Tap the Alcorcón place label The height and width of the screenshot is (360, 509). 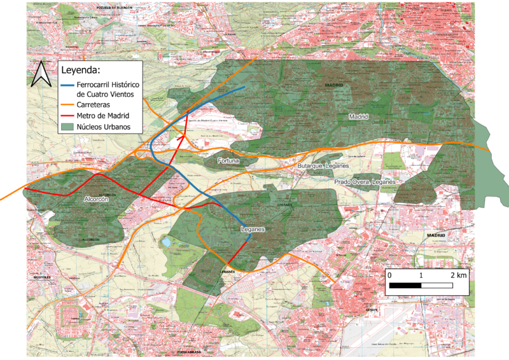click(x=97, y=199)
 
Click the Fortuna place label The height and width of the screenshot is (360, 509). click(x=228, y=161)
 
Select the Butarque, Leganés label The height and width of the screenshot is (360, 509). click(x=324, y=166)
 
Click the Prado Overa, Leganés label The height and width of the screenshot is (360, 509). click(x=365, y=182)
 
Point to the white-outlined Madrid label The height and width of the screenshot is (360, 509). click(x=359, y=117)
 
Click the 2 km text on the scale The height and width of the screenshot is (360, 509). click(x=458, y=275)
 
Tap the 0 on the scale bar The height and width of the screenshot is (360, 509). click(x=389, y=275)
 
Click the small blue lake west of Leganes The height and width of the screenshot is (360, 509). click(x=166, y=242)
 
